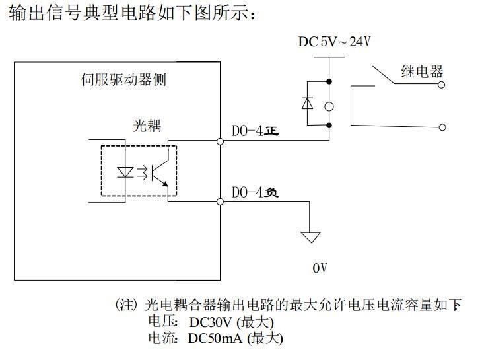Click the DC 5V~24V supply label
[x=335, y=42]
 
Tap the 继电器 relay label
[x=422, y=71]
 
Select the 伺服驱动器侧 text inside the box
[x=123, y=80]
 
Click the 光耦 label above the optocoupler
[x=147, y=126]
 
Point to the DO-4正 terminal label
[x=255, y=131]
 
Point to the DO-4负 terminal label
[x=255, y=192]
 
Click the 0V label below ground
[x=320, y=268]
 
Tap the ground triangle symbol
[x=310, y=237]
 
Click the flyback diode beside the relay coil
[x=308, y=103]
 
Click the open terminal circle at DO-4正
[x=220, y=141]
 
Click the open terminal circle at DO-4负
[x=220, y=201]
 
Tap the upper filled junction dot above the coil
[x=329, y=81]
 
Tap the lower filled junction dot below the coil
[x=329, y=125]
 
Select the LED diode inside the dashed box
[x=125, y=172]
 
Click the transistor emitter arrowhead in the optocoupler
[x=165, y=184]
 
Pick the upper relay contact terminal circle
[x=442, y=85]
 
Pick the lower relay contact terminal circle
[x=442, y=127]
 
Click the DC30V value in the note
[x=210, y=322]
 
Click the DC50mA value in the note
[x=215, y=338]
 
